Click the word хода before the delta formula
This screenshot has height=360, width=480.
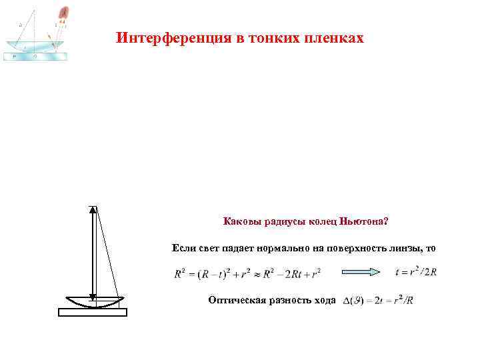coord(323,300)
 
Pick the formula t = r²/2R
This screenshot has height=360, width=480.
coord(415,272)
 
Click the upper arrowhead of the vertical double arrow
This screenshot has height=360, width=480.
coord(93,211)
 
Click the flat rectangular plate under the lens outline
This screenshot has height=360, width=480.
coord(93,311)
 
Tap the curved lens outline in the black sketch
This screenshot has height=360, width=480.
coord(93,303)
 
